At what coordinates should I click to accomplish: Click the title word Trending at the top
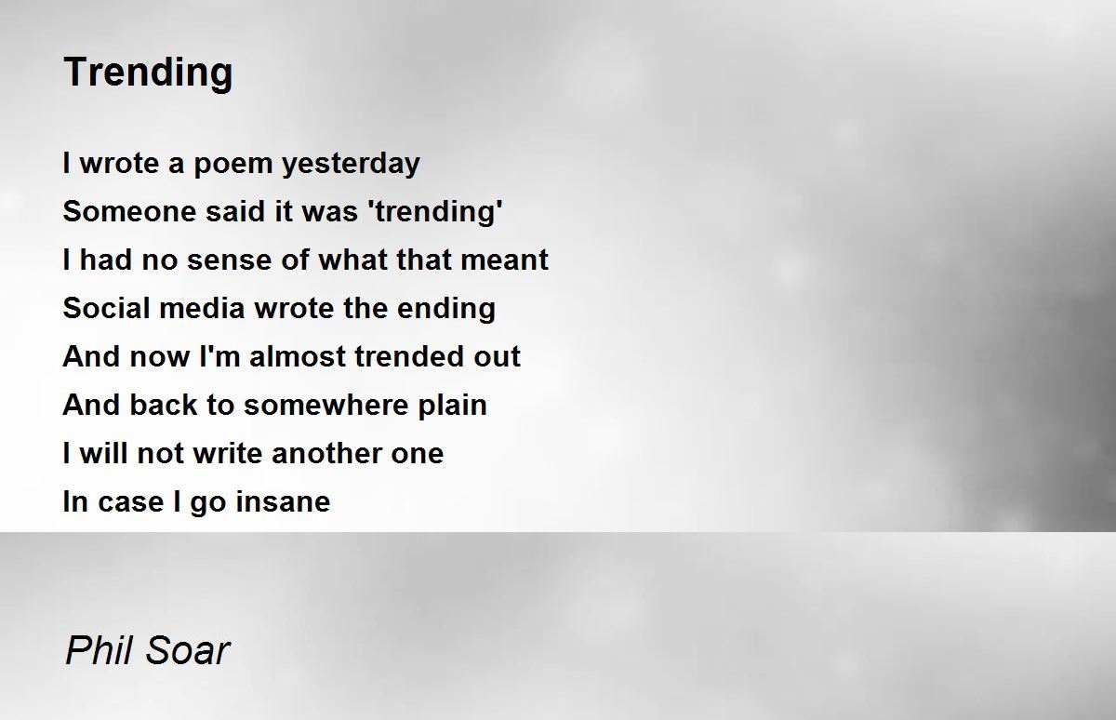[148, 73]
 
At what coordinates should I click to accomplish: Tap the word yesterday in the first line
[351, 164]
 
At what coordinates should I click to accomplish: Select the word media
[203, 308]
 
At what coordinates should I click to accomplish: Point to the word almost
[298, 357]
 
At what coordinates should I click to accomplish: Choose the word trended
[409, 357]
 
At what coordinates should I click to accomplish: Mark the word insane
[283, 501]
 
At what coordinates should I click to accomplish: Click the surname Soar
[188, 651]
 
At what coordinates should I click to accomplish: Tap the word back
[164, 405]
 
